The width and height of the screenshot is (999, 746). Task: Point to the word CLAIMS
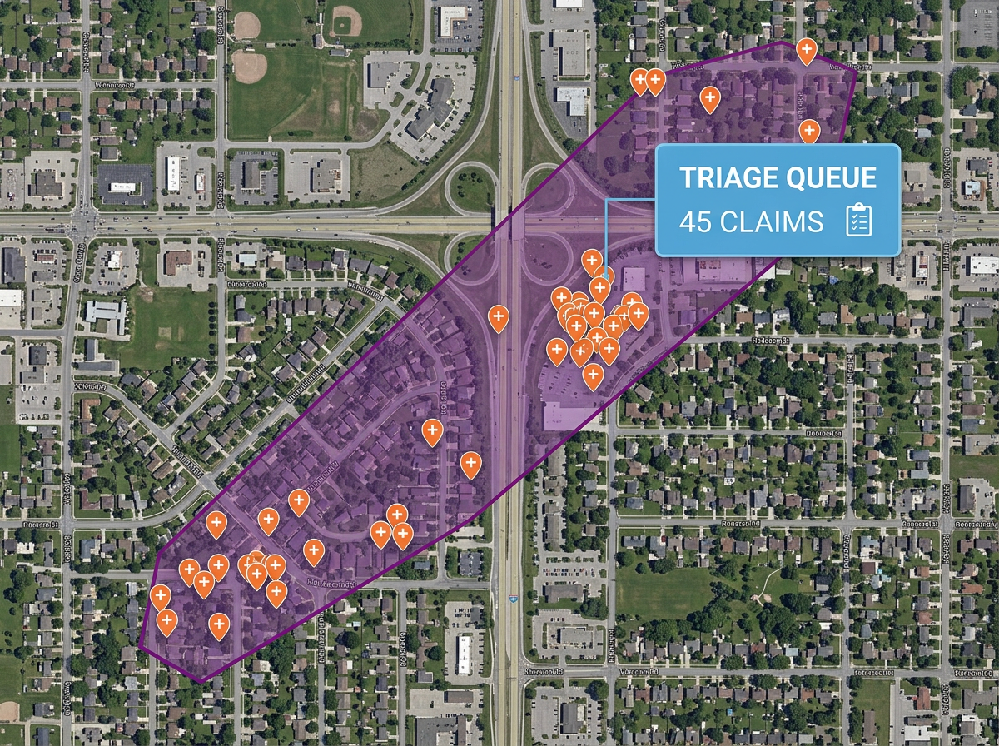click(x=772, y=222)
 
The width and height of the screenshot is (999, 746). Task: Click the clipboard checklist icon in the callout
click(x=858, y=221)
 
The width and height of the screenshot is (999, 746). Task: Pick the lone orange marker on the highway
click(x=498, y=317)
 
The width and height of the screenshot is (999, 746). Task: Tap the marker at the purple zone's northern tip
click(x=806, y=50)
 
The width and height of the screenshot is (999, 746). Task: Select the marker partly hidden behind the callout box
click(x=808, y=131)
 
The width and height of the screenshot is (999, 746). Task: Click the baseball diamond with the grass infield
click(x=249, y=66)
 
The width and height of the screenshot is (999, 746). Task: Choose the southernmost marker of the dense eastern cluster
click(x=592, y=375)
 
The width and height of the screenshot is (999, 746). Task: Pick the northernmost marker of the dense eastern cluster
click(x=592, y=261)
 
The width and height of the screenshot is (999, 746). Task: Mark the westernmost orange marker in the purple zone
click(x=160, y=596)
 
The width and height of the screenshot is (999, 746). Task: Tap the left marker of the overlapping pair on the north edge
click(x=640, y=81)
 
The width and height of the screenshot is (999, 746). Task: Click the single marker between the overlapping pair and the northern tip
click(x=709, y=100)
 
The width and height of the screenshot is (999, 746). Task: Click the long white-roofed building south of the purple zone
click(x=464, y=654)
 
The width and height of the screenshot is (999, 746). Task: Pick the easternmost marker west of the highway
click(x=470, y=464)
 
